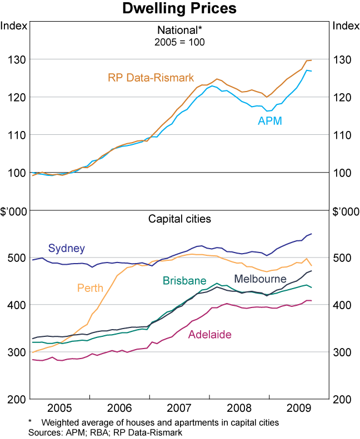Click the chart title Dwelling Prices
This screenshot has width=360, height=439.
pyautogui.click(x=180, y=9)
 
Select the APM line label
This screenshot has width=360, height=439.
pyautogui.click(x=270, y=120)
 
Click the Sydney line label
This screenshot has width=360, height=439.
pyautogui.click(x=66, y=248)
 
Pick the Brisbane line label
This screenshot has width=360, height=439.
pyautogui.click(x=184, y=281)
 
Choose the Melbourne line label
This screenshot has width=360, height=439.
pyautogui.click(x=260, y=279)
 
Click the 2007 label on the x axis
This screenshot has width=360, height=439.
pyautogui.click(x=179, y=408)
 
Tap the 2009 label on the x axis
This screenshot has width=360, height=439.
pyautogui.click(x=299, y=408)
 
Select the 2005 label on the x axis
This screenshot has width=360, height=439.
pyautogui.click(x=60, y=408)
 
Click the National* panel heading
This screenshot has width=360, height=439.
pyautogui.click(x=179, y=31)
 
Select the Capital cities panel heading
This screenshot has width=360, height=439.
pyautogui.click(x=179, y=219)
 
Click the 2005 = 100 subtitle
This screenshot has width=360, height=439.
pyautogui.click(x=179, y=42)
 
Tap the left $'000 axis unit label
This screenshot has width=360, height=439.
pyautogui.click(x=13, y=211)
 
